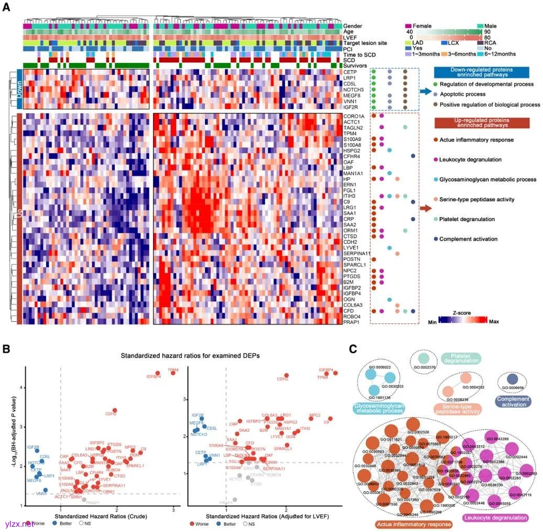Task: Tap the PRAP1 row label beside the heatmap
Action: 351,321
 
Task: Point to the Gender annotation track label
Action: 352,26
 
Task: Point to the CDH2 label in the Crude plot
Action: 110,414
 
